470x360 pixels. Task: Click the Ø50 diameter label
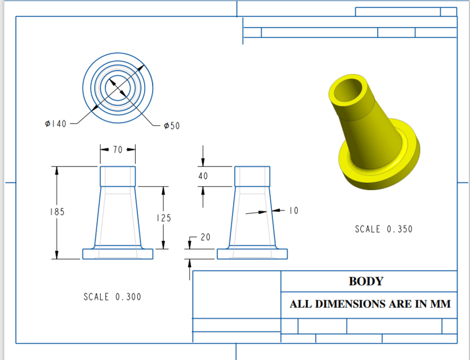(171, 126)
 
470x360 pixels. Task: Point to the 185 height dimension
(56, 212)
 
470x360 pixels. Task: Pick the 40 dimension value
(203, 176)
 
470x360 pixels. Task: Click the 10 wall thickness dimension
(293, 210)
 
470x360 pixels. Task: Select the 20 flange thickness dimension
(205, 237)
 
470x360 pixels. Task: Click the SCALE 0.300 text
(113, 296)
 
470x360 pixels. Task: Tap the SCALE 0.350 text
(383, 229)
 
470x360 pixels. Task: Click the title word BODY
(366, 281)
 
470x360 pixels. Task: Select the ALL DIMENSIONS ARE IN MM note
(370, 304)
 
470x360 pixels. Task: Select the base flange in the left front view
(118, 254)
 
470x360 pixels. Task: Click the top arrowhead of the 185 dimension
(56, 170)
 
